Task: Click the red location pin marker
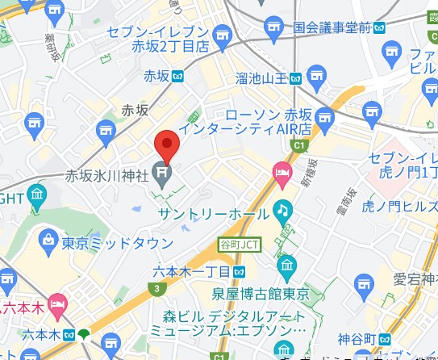pos(166,144)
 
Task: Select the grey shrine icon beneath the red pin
pos(165,172)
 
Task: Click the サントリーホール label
pos(213,213)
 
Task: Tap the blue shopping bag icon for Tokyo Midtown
pos(48,241)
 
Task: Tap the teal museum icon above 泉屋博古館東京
pos(286,264)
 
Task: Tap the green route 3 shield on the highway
pos(153,287)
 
